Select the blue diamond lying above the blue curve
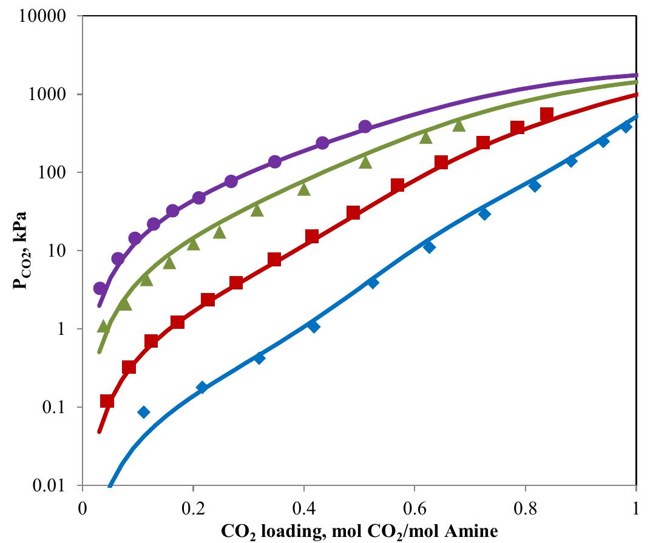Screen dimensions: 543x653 (x=144, y=413)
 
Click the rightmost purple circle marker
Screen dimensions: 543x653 (x=365, y=127)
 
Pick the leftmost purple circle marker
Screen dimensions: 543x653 (x=100, y=288)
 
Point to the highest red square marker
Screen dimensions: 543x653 (x=547, y=113)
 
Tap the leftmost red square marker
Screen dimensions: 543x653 (x=107, y=401)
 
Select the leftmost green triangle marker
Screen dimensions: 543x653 (x=104, y=327)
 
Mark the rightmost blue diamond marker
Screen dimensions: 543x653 (x=626, y=126)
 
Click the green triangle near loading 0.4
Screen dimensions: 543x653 (x=304, y=190)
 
